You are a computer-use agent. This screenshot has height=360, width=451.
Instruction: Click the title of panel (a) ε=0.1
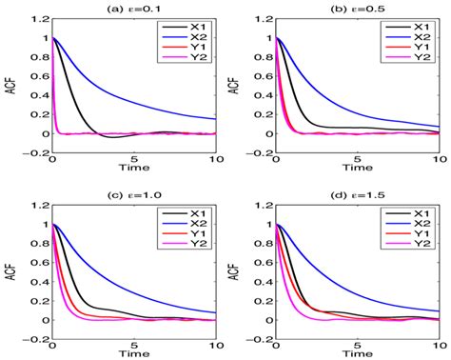pos(133,7)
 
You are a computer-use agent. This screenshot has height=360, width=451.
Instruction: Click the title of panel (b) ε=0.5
pos(363,7)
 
